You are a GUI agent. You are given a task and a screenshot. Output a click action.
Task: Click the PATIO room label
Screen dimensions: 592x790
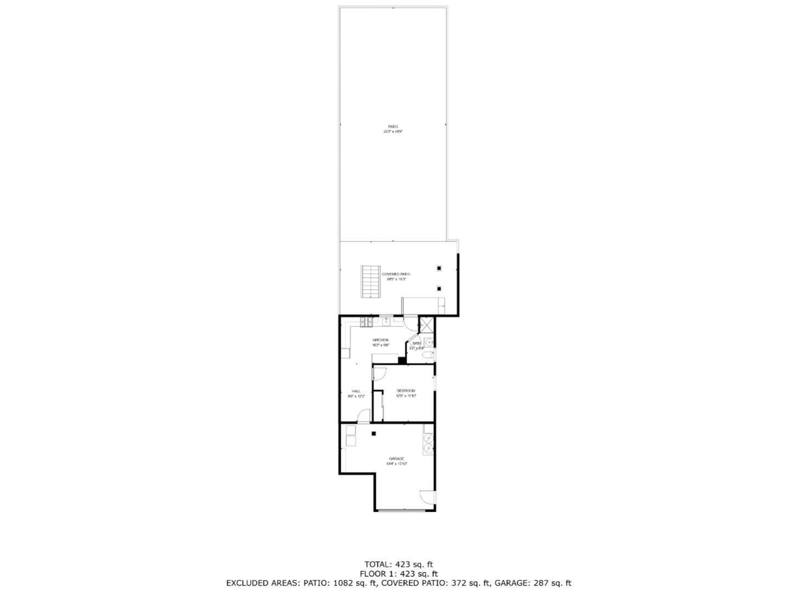pyautogui.click(x=393, y=127)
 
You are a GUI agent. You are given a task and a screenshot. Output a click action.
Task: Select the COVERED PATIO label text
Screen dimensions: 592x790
pyautogui.click(x=396, y=274)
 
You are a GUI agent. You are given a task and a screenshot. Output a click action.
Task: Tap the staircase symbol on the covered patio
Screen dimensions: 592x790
pyautogui.click(x=370, y=282)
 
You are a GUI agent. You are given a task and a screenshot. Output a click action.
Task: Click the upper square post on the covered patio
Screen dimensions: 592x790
pyautogui.click(x=439, y=268)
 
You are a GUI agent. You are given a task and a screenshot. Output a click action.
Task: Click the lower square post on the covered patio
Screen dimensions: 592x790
pyautogui.click(x=439, y=289)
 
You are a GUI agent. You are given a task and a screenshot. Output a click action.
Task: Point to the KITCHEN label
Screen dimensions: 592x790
pyautogui.click(x=380, y=340)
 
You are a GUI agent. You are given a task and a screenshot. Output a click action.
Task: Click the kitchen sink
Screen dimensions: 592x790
pyautogui.click(x=386, y=321)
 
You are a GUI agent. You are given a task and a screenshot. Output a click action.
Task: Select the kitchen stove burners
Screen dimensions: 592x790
pyautogui.click(x=366, y=321)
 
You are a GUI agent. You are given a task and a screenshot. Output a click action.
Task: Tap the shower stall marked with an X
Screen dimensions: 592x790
pyautogui.click(x=426, y=325)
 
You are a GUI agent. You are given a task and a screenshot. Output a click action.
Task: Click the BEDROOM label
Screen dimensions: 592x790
pyautogui.click(x=406, y=391)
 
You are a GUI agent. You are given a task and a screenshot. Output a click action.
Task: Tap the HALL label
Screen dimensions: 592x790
pyautogui.click(x=356, y=391)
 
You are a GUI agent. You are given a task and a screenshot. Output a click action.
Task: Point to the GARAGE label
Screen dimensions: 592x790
pyautogui.click(x=397, y=459)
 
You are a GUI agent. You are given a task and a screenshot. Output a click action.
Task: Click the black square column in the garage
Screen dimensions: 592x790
pyautogui.click(x=374, y=433)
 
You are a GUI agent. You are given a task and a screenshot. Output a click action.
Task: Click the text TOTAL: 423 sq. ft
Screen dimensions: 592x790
pyautogui.click(x=399, y=564)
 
